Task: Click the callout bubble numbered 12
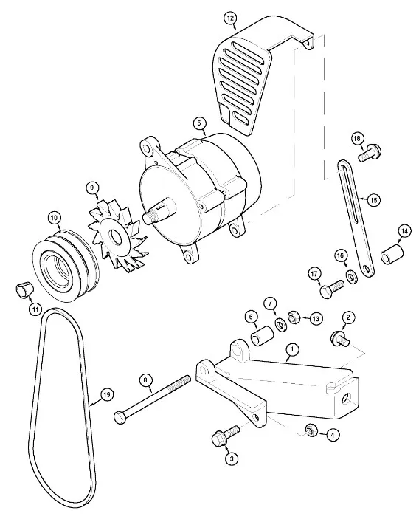pyautogui.click(x=230, y=18)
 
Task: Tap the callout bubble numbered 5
pyautogui.click(x=199, y=123)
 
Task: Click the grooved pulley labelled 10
pyautogui.click(x=66, y=265)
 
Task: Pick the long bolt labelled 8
pyautogui.click(x=152, y=399)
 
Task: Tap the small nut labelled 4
pyautogui.click(x=311, y=431)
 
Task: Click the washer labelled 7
pyautogui.click(x=282, y=324)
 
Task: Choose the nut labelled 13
pyautogui.click(x=294, y=317)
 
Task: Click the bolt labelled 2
pyautogui.click(x=340, y=339)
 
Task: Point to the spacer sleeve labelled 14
pyautogui.click(x=392, y=255)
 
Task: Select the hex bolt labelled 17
pyautogui.click(x=331, y=289)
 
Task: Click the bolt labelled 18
pyautogui.click(x=370, y=153)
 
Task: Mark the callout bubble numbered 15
pyautogui.click(x=373, y=200)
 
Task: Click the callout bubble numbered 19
pyautogui.click(x=106, y=395)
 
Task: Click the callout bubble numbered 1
pyautogui.click(x=292, y=349)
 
